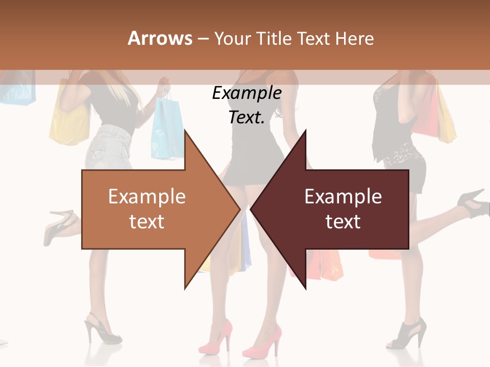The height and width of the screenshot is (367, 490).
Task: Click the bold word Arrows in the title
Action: pyautogui.click(x=160, y=39)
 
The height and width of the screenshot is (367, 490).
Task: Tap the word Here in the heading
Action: pyautogui.click(x=355, y=39)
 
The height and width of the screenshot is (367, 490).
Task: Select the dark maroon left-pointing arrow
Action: pyautogui.click(x=342, y=209)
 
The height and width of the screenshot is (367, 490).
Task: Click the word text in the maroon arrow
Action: pyautogui.click(x=343, y=222)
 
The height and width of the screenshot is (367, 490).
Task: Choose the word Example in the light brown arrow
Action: pyautogui.click(x=147, y=197)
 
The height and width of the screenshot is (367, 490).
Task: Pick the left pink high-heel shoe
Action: pyautogui.click(x=217, y=336)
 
